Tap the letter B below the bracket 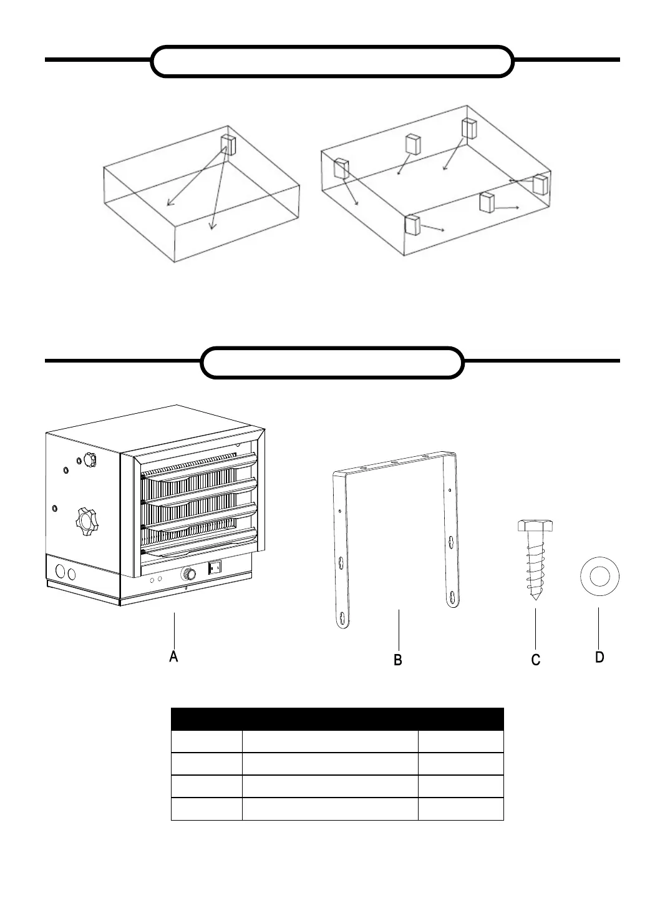coord(398,659)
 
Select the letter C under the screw coord(535,660)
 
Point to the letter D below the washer coord(599,657)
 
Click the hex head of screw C coord(535,525)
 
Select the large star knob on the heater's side coord(85,519)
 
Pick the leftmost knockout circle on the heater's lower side coord(61,572)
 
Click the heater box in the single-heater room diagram coord(228,144)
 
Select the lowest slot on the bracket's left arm coord(342,618)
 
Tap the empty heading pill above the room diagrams coord(332,61)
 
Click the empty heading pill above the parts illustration coord(332,363)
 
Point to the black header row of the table coord(337,719)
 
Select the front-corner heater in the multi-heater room coord(412,224)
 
